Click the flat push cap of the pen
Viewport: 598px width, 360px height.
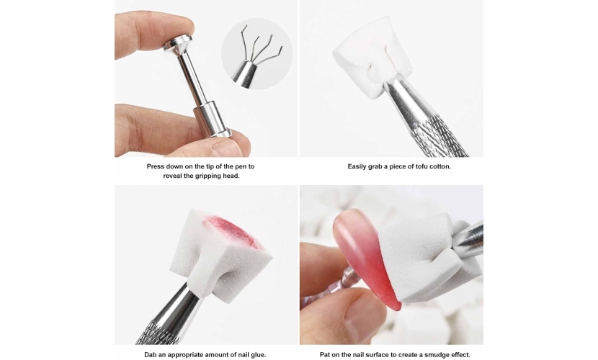[178, 42]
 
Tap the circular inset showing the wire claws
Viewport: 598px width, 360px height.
[257, 54]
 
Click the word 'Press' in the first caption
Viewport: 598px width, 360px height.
[156, 166]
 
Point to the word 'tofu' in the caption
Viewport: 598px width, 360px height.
[414, 166]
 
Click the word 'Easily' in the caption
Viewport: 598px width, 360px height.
[357, 166]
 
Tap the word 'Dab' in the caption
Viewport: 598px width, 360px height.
[150, 355]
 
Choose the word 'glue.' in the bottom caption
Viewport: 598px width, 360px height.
[258, 355]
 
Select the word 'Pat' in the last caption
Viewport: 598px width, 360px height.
[325, 355]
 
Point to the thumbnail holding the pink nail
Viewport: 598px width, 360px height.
[361, 318]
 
